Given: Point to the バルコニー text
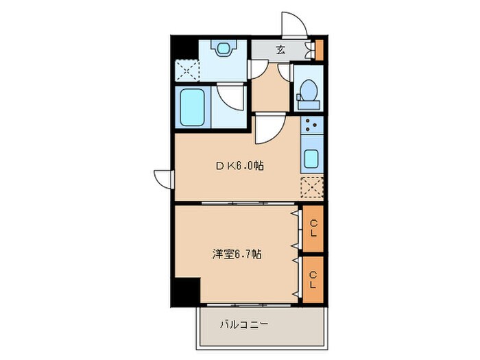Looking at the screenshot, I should pos(243,324).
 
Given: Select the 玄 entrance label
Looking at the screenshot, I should pos(281,49).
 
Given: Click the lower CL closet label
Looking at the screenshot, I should pos(313,278).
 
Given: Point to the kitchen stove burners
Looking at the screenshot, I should pos(311,125).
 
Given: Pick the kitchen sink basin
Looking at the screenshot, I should pos(311,160).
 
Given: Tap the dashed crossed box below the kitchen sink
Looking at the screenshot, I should pos(311,187).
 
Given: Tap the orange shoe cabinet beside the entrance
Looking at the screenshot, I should pos(319,49).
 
